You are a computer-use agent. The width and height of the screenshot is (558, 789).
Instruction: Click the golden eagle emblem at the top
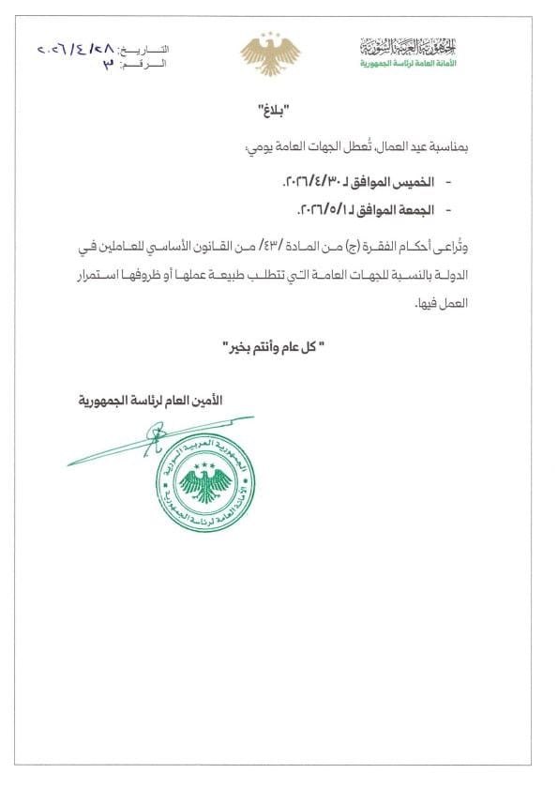tap(269, 54)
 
